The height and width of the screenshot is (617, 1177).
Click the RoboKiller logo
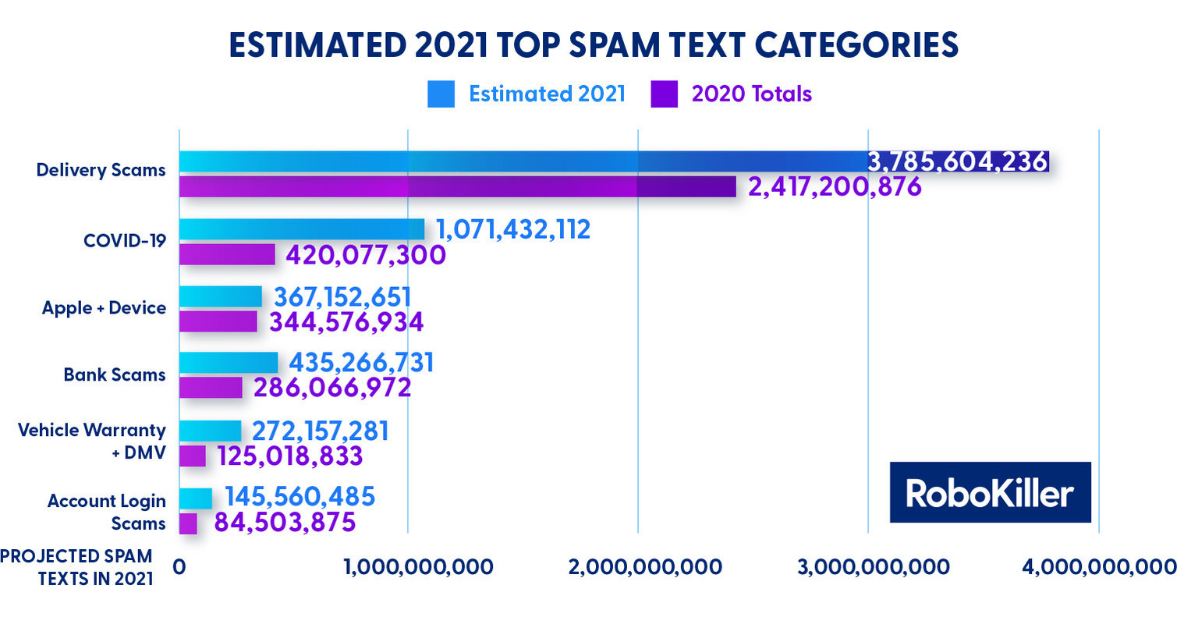pyautogui.click(x=990, y=492)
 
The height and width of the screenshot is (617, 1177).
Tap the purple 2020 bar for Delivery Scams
pyautogui.click(x=457, y=187)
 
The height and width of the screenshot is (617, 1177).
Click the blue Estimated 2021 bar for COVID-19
pyautogui.click(x=302, y=229)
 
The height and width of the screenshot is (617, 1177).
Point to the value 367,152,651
pyautogui.click(x=342, y=297)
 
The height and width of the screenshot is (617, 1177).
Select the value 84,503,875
pyautogui.click(x=285, y=523)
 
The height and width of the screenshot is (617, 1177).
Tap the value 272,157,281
pyautogui.click(x=321, y=431)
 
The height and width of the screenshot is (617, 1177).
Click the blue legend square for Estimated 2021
pyautogui.click(x=441, y=94)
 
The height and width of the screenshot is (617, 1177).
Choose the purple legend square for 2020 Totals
pyautogui.click(x=663, y=94)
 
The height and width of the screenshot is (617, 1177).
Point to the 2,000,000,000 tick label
pyautogui.click(x=638, y=567)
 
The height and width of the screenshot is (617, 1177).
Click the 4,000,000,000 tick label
pyautogui.click(x=1099, y=567)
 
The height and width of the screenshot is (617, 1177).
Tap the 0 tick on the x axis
pyautogui.click(x=179, y=567)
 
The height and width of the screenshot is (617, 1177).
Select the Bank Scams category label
pyautogui.click(x=115, y=374)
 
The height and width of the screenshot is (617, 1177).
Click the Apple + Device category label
pyautogui.click(x=104, y=307)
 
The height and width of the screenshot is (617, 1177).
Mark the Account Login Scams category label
pyautogui.click(x=106, y=512)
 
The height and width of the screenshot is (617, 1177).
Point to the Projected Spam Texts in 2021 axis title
pyautogui.click(x=76, y=567)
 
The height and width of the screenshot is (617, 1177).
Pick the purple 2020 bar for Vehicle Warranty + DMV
pyautogui.click(x=193, y=456)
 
